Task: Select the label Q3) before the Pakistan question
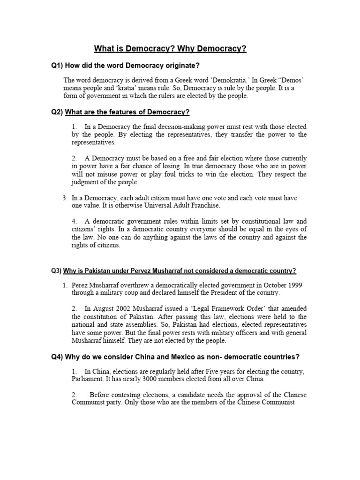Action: [x=56, y=271]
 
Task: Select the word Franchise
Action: [x=204, y=206]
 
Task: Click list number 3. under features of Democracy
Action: [x=65, y=198]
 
